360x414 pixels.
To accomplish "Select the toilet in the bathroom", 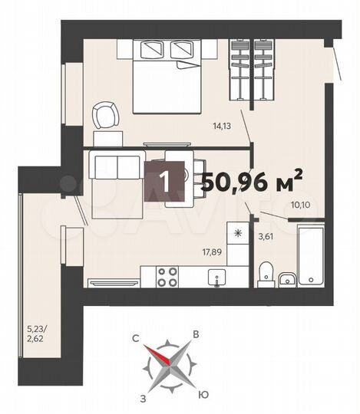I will click(x=265, y=272).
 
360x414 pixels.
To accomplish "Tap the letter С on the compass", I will click(x=134, y=335).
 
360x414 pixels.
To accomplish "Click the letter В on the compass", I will click(x=197, y=334).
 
